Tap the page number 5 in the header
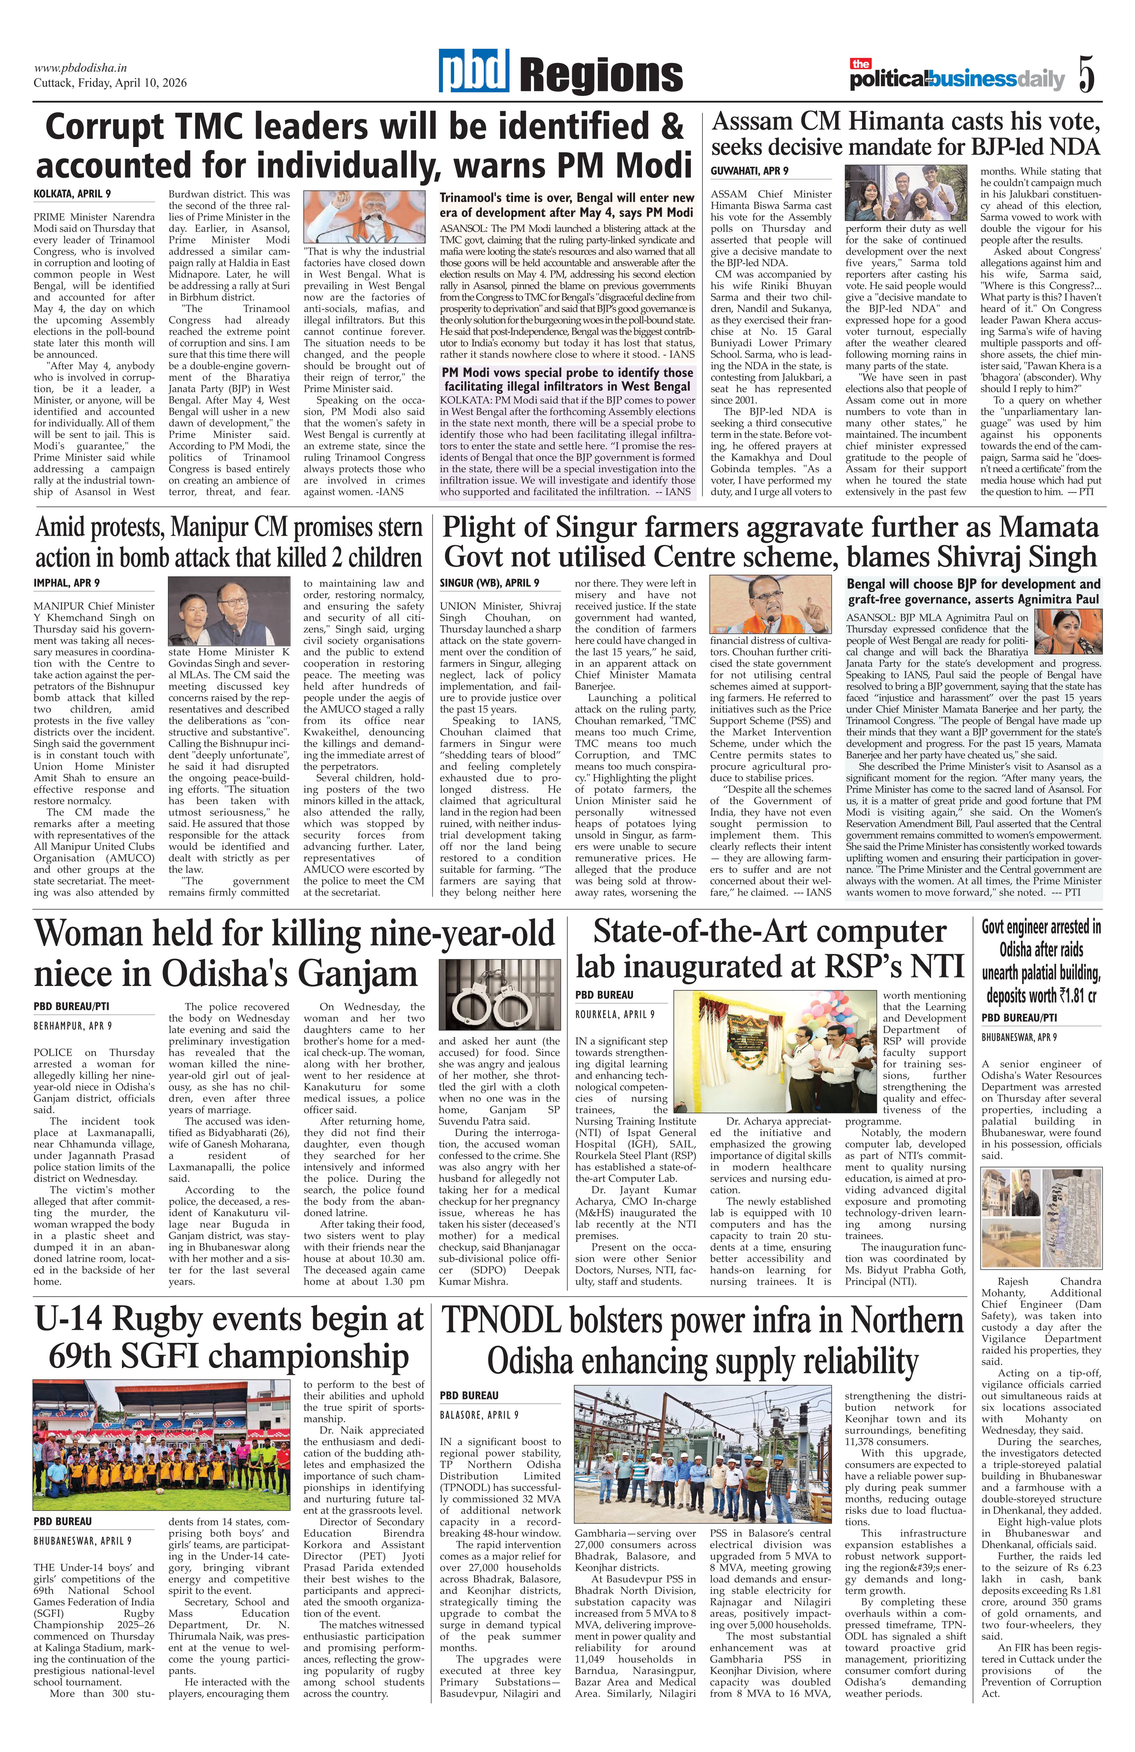[1087, 74]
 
